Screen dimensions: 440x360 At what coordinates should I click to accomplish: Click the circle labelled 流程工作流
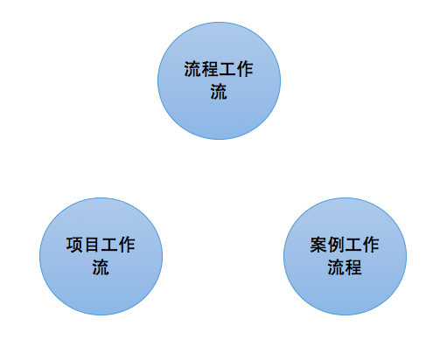(x=219, y=80)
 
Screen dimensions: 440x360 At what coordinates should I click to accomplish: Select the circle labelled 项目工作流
(x=101, y=256)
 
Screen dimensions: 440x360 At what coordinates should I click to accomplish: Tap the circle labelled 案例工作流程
(x=345, y=256)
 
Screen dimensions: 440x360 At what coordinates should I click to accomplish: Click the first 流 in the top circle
(x=192, y=69)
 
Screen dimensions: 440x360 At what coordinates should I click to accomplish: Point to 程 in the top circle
(x=210, y=69)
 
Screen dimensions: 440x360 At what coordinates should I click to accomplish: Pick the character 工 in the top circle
(x=227, y=69)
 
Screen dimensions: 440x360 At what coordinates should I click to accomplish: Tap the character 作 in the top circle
(x=245, y=69)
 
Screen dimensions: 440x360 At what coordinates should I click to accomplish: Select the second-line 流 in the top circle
(x=219, y=92)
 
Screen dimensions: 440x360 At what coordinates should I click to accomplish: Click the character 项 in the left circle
(x=74, y=245)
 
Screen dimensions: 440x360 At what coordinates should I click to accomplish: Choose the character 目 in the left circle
(x=92, y=245)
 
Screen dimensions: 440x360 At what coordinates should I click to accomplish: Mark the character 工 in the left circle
(x=109, y=245)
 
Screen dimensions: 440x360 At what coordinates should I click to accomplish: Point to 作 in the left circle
(x=127, y=245)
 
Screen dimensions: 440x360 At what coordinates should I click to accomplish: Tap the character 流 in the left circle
(x=101, y=267)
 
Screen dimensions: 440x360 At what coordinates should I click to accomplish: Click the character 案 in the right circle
(x=318, y=245)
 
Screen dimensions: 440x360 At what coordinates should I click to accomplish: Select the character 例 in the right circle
(x=336, y=245)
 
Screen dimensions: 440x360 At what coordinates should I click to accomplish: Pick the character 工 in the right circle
(x=353, y=245)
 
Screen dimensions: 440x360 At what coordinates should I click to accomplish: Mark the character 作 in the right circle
(x=371, y=245)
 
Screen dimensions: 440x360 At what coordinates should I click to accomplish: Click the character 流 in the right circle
(x=336, y=267)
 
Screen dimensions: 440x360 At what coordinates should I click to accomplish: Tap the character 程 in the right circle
(x=353, y=267)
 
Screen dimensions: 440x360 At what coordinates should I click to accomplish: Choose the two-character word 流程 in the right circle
(x=345, y=267)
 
